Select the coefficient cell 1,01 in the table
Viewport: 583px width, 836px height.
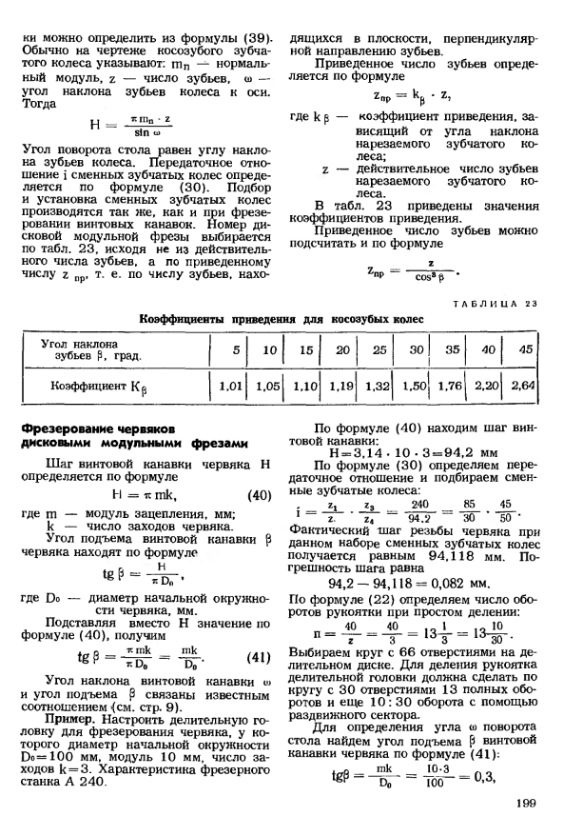(233, 388)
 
